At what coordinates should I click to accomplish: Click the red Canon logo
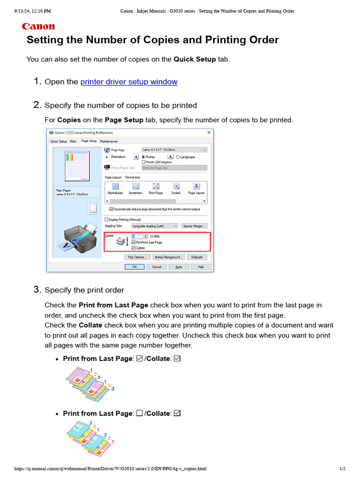38,27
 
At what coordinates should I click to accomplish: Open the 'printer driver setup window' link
129,82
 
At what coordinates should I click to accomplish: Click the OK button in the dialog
134,267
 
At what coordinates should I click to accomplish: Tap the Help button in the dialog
201,267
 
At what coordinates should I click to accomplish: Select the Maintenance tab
109,141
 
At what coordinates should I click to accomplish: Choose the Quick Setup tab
59,141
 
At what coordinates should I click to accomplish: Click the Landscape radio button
178,157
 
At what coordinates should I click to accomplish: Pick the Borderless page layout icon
135,188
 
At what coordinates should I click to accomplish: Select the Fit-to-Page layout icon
156,188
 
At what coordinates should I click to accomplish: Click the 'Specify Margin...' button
194,225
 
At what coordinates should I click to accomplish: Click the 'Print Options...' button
137,257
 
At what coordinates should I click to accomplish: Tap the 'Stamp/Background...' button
168,257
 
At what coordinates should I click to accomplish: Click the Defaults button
197,257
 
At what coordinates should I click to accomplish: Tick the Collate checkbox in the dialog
134,247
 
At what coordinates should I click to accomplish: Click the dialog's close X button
209,133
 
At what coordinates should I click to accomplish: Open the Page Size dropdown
174,150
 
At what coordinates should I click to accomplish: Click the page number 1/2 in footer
342,469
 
